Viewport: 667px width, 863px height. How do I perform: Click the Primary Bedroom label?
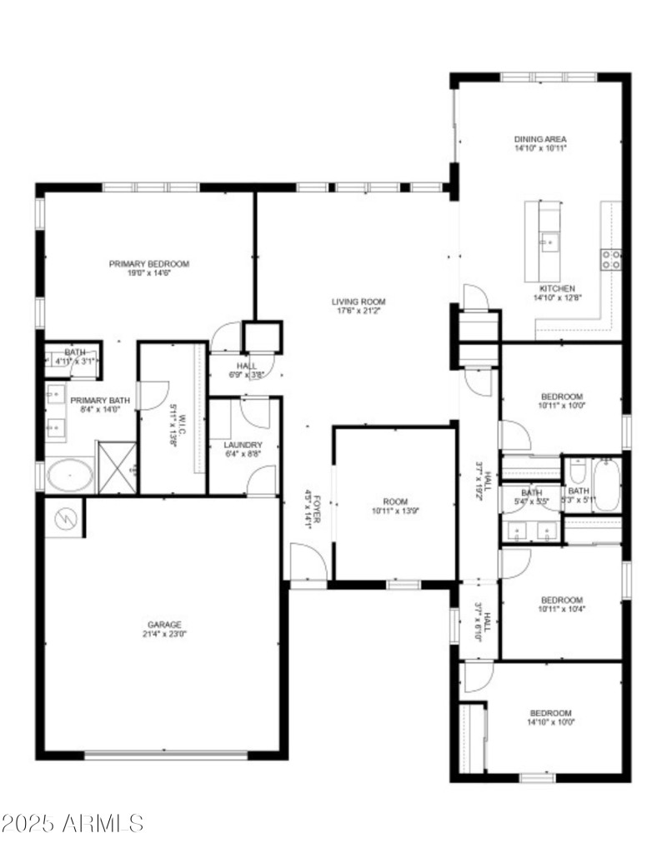coord(148,264)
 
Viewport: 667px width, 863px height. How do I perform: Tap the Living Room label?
coord(359,302)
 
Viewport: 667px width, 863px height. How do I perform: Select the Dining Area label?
coord(540,139)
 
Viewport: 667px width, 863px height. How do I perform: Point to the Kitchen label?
coord(556,288)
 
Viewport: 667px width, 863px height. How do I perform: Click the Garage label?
coord(164,625)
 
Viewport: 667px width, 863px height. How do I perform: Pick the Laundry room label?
coord(243,445)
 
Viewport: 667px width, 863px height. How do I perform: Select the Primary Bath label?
coord(100,401)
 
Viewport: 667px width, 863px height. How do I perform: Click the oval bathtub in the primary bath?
coord(70,476)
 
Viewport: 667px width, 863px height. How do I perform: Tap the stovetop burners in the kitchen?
coord(611,259)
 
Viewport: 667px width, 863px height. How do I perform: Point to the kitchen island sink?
coord(548,242)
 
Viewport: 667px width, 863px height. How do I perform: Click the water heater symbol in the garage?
coord(63,518)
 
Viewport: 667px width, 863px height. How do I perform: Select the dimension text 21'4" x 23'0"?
coord(164,635)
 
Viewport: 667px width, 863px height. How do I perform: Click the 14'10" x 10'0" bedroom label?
coord(552,713)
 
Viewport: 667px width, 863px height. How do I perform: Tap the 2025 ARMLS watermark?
coord(73,824)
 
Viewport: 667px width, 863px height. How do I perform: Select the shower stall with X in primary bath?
coord(116,469)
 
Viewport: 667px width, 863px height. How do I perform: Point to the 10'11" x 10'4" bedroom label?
coord(561,600)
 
